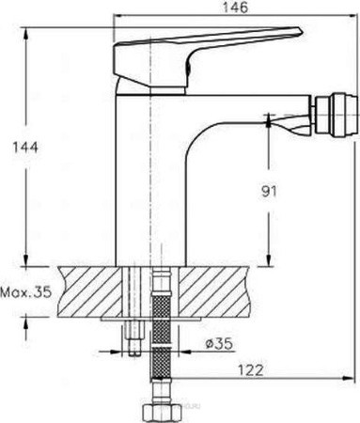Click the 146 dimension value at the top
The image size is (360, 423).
coord(235,7)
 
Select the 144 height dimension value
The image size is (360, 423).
coord(24,147)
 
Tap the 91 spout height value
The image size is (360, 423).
coord(269,191)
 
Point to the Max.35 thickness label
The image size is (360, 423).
coord(25,292)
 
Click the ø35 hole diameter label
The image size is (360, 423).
coord(219,344)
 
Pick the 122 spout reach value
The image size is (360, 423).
coord(251,370)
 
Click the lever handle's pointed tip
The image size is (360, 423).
coord(302,31)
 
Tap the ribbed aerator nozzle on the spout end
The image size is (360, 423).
coord(337,117)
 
